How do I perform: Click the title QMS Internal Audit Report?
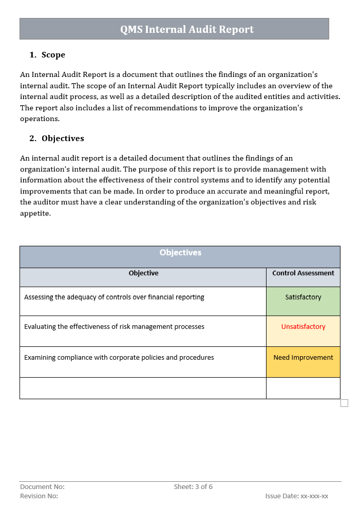point(187,29)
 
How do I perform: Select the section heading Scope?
point(53,55)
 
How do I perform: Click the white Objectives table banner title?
point(180,252)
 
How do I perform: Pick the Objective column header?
point(143,273)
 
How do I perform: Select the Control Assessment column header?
point(303,273)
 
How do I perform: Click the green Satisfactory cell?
point(303,298)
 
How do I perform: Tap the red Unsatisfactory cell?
point(303,327)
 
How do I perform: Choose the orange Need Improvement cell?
point(303,358)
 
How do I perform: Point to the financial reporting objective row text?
point(114,297)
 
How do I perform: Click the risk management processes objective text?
point(114,327)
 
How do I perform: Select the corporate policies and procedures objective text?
point(119,358)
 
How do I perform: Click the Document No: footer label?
point(42,487)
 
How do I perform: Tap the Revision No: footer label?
point(39,496)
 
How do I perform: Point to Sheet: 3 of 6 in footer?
point(193,487)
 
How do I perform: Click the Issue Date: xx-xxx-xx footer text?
point(296,496)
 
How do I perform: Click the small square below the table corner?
point(344,403)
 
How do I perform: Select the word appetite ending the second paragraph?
point(35,213)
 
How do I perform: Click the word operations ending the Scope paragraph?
point(39,119)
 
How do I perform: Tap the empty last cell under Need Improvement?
point(303,388)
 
